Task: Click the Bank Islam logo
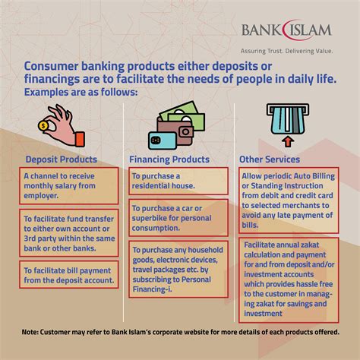click(287, 30)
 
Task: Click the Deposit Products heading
click(62, 159)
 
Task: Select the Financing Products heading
click(169, 159)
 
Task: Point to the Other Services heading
click(270, 159)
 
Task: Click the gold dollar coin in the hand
click(44, 125)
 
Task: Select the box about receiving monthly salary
click(69, 186)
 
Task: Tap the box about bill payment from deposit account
click(69, 275)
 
